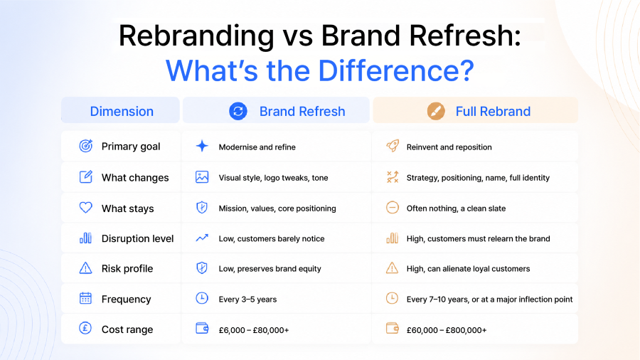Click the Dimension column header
[x=122, y=111]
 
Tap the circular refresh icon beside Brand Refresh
[x=238, y=111]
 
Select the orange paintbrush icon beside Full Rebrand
[x=436, y=111]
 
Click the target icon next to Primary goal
[x=86, y=146]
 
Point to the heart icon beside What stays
[x=86, y=207]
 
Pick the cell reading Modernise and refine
[x=257, y=147]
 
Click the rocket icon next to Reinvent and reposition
[x=393, y=146]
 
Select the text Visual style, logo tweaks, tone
[x=274, y=178]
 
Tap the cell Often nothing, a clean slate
[x=456, y=208]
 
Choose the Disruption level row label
[x=137, y=238]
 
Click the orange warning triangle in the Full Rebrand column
[x=392, y=268]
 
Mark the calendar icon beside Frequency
[x=86, y=298]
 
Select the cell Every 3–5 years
[x=247, y=300]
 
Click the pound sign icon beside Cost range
[x=85, y=328]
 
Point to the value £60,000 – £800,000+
[x=447, y=330]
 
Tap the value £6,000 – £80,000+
[x=254, y=330]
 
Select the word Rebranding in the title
[x=196, y=36]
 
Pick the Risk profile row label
[x=127, y=268]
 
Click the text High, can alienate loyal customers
[x=468, y=268]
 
